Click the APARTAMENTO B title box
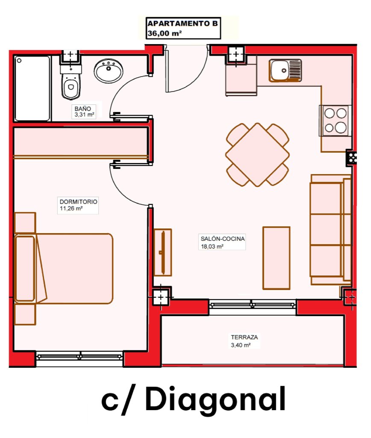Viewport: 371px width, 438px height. pyautogui.click(x=183, y=28)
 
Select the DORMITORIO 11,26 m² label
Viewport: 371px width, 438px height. pyautogui.click(x=78, y=205)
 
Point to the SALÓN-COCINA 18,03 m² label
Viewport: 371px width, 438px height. pyautogui.click(x=222, y=242)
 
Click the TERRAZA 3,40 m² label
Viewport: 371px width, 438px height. pyautogui.click(x=244, y=341)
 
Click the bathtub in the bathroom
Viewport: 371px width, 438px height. pyautogui.click(x=32, y=89)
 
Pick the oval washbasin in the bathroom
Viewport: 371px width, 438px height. pyautogui.click(x=108, y=71)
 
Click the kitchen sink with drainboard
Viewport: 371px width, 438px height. pyautogui.click(x=285, y=70)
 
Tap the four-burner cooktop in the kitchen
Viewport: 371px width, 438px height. pyautogui.click(x=335, y=121)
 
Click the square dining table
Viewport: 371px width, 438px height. pyautogui.click(x=257, y=155)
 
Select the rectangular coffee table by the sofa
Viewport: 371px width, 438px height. pyautogui.click(x=277, y=258)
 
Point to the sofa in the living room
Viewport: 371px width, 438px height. pyautogui.click(x=331, y=230)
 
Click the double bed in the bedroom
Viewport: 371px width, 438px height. pyautogui.click(x=64, y=269)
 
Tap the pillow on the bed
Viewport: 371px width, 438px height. pyautogui.click(x=25, y=269)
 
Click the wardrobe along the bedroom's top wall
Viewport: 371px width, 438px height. pyautogui.click(x=81, y=142)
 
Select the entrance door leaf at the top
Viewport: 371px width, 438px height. pyautogui.click(x=167, y=69)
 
